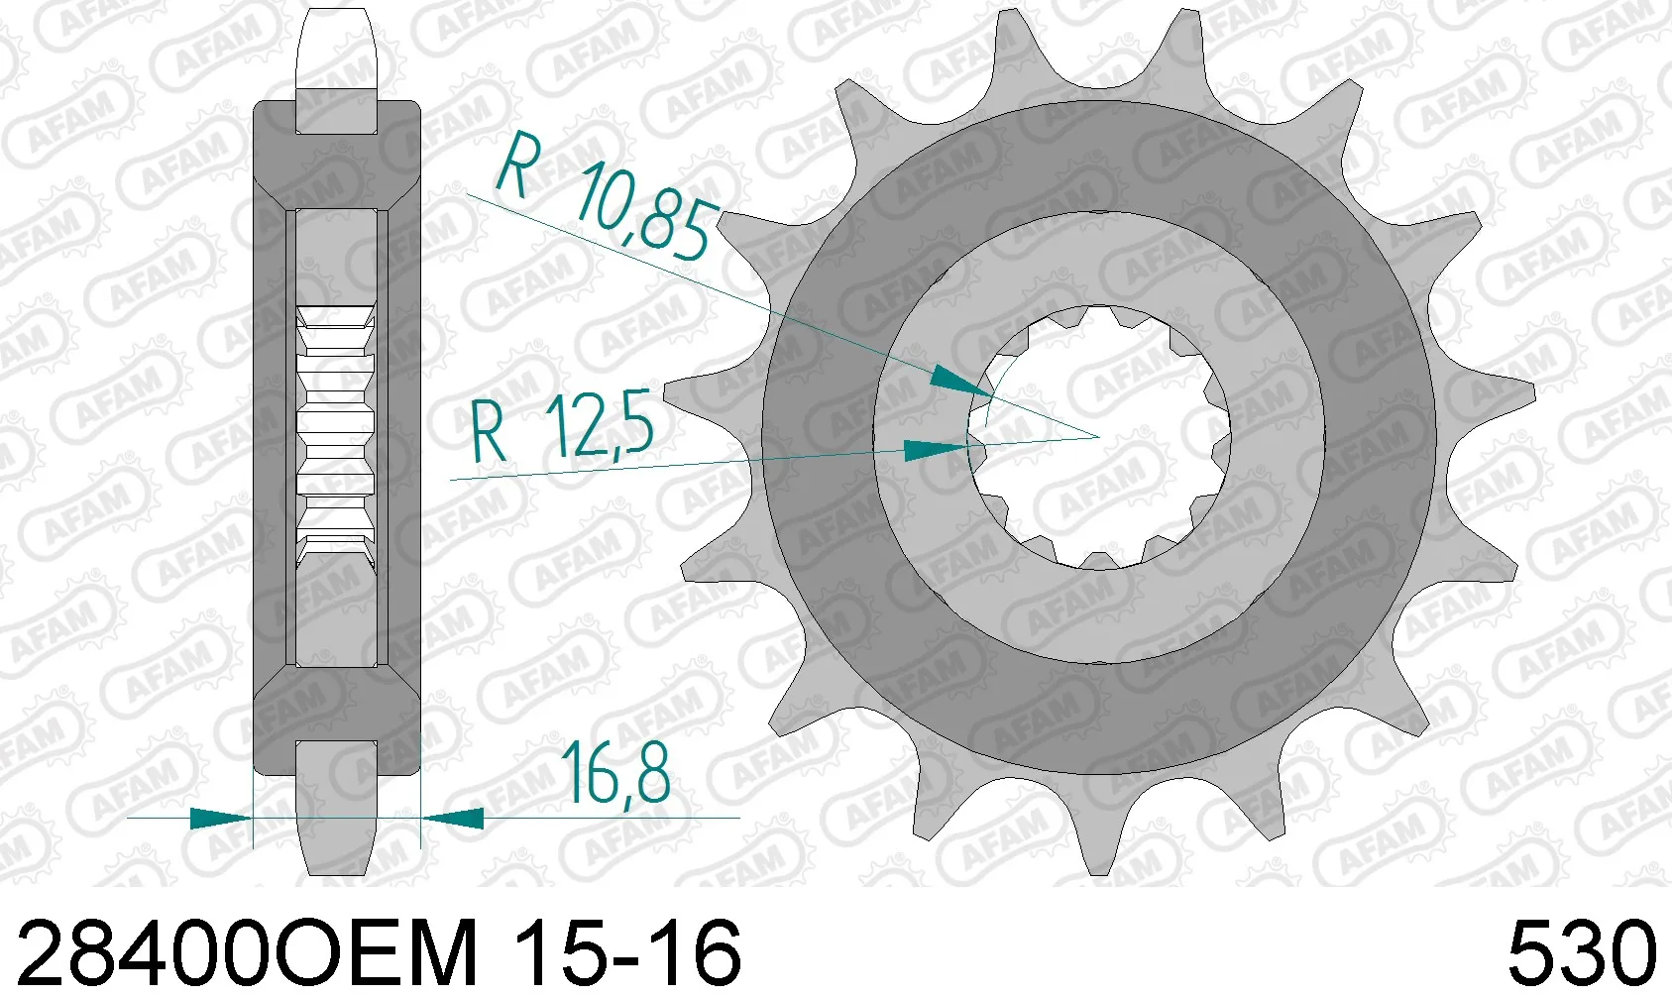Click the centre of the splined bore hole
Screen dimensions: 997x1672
1100,436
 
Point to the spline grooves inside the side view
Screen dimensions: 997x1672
337,436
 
